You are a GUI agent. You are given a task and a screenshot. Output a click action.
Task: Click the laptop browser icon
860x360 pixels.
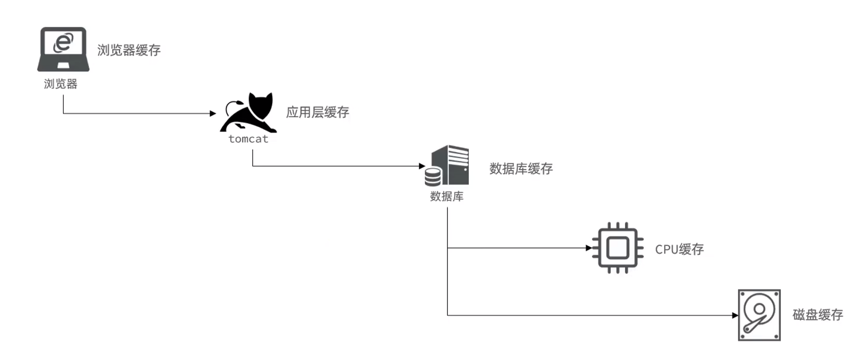tap(63, 49)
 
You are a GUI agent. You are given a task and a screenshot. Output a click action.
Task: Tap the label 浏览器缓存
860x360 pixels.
tap(129, 50)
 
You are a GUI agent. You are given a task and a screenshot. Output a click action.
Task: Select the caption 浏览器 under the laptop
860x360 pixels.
tap(61, 84)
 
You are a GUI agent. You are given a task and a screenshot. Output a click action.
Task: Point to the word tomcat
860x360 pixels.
tap(248, 139)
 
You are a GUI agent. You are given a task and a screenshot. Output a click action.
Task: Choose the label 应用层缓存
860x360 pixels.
tap(317, 112)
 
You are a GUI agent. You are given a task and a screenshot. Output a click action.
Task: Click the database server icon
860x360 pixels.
tap(448, 166)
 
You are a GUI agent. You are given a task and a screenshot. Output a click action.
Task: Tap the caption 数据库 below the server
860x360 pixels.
tap(446, 196)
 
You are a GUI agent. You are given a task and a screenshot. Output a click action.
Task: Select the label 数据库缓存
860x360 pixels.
tap(521, 169)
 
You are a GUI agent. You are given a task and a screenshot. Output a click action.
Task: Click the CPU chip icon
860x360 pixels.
tap(618, 248)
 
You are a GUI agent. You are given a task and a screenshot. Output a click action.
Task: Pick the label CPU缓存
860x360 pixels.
tap(679, 249)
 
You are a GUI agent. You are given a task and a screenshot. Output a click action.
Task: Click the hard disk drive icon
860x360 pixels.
tap(759, 315)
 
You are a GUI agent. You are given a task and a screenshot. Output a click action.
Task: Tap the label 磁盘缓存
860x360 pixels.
tap(818, 315)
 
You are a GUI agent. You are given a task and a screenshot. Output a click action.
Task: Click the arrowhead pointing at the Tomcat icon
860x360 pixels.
tap(213, 113)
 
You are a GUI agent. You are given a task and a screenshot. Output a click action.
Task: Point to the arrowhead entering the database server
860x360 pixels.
tap(422, 166)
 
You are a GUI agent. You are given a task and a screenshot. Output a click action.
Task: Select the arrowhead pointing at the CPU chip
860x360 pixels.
tap(589, 248)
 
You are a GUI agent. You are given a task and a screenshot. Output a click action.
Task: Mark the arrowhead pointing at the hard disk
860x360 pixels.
tap(735, 316)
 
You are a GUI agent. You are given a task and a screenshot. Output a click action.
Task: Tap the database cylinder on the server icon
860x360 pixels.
tap(433, 177)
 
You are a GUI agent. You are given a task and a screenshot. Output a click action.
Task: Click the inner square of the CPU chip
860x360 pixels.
tap(618, 248)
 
